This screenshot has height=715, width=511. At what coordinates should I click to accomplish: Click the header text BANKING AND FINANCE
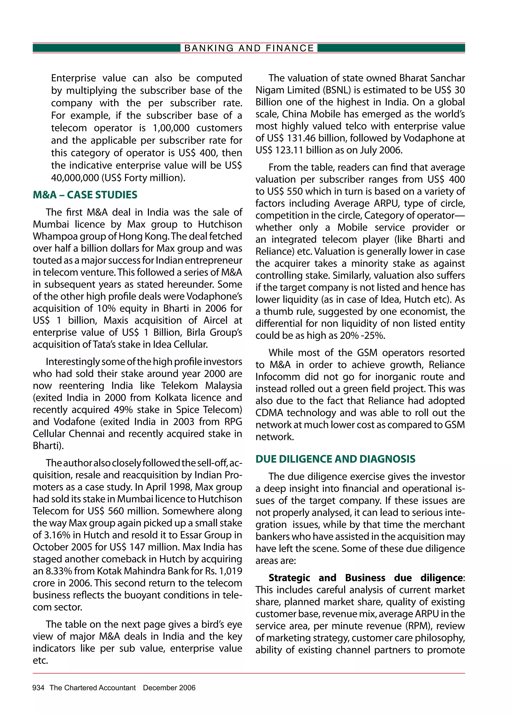coord(249,48)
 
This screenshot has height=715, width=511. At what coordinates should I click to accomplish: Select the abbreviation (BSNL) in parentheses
coord(336,90)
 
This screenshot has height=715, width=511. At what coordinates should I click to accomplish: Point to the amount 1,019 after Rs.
coord(230,571)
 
